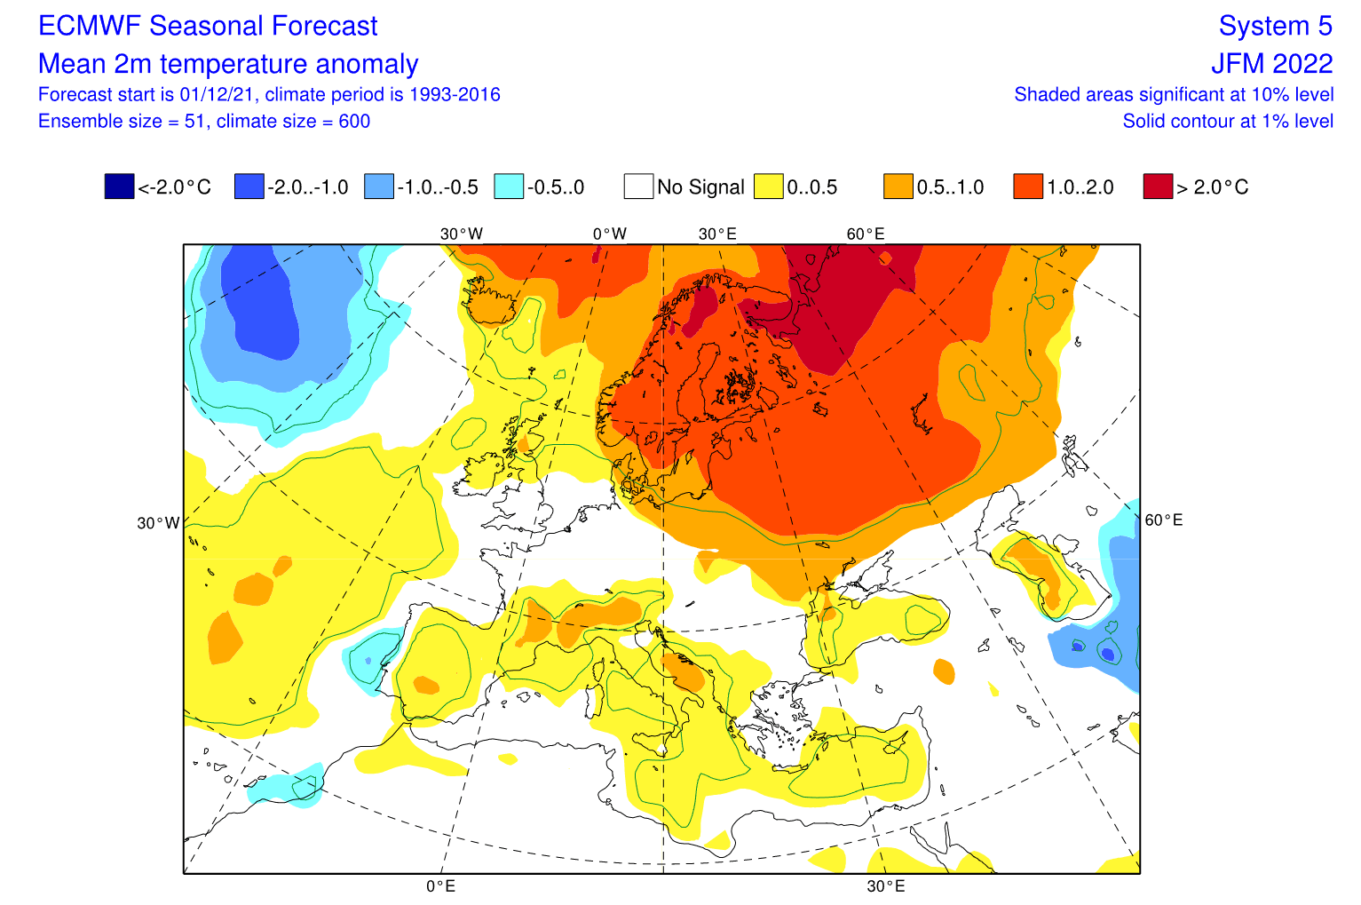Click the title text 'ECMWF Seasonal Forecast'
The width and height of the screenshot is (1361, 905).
click(x=208, y=27)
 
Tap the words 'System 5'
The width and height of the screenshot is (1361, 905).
click(x=1275, y=27)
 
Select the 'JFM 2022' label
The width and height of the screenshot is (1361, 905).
click(x=1271, y=64)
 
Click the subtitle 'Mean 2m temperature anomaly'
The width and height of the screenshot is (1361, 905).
click(x=228, y=64)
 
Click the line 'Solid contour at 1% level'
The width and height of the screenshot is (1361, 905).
click(x=1227, y=122)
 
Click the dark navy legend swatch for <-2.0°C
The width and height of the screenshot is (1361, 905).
click(x=119, y=187)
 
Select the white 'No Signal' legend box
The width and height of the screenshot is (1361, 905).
click(x=638, y=187)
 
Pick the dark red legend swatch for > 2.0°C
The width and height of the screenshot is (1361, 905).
click(x=1158, y=187)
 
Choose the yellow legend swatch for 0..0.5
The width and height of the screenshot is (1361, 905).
click(x=768, y=187)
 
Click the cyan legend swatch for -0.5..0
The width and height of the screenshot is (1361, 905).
click(x=509, y=187)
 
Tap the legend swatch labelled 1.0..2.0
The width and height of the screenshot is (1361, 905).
click(x=1028, y=187)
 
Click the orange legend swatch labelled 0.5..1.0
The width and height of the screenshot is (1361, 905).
click(x=898, y=187)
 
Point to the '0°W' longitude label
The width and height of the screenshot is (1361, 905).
click(x=610, y=234)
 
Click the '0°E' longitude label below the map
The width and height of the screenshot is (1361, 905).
click(x=440, y=886)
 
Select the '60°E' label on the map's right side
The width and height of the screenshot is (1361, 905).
click(x=1163, y=520)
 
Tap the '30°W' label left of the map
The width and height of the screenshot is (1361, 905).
click(x=158, y=524)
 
